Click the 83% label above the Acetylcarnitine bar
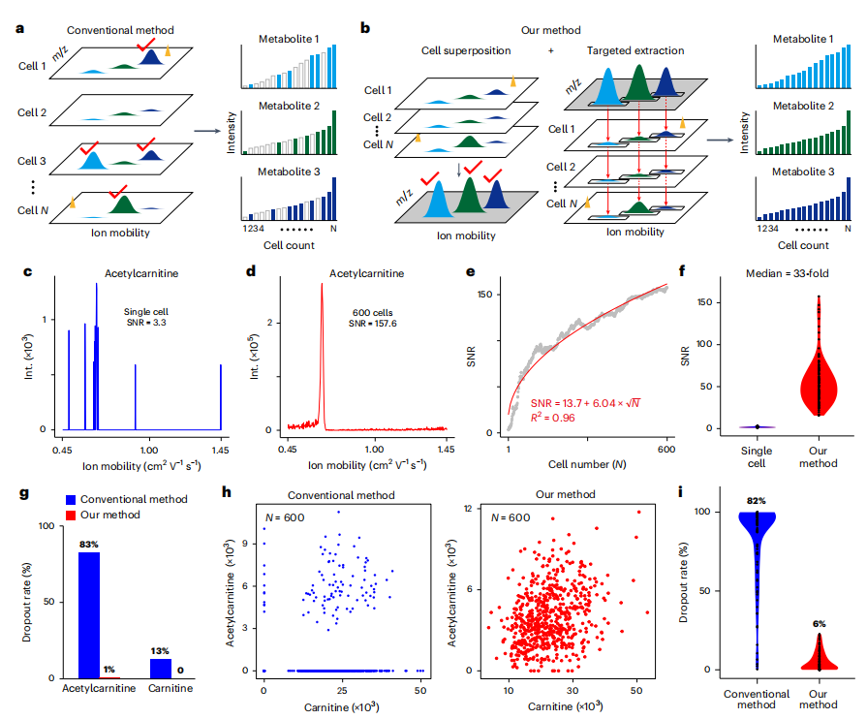tap(88, 545)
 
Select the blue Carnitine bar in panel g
tap(161, 668)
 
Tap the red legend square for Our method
tap(70, 515)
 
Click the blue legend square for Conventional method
tap(70, 499)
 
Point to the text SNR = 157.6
tap(373, 323)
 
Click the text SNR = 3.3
tap(146, 322)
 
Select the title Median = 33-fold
tap(787, 273)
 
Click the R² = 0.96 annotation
tap(553, 418)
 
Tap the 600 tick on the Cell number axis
tap(666, 449)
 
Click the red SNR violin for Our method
tap(819, 382)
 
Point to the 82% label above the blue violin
tap(756, 501)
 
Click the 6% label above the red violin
tap(819, 624)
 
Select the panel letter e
tap(471, 271)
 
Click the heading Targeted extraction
tap(635, 51)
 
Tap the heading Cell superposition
tap(466, 51)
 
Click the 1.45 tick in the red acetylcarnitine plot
tap(446, 449)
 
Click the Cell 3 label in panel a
tap(32, 161)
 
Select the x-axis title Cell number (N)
tap(587, 464)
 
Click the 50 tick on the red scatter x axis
tap(636, 690)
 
